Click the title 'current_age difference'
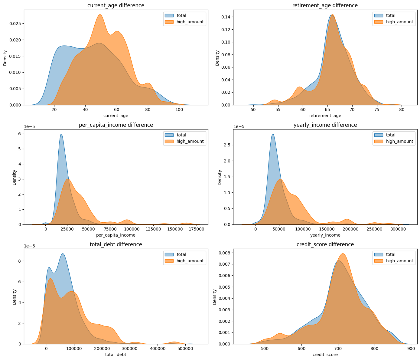click(116, 5)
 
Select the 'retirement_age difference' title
click(325, 5)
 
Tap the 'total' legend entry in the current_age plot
click(181, 15)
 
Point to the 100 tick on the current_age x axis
click(179, 110)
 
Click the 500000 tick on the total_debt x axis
click(185, 349)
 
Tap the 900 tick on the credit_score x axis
click(411, 349)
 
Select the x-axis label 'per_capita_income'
click(116, 235)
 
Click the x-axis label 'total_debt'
click(116, 355)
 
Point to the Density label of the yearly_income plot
click(220, 177)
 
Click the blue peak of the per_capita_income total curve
click(61, 134)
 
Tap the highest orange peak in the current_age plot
click(100, 15)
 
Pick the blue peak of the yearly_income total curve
click(273, 134)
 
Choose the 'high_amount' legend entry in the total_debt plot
click(190, 261)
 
